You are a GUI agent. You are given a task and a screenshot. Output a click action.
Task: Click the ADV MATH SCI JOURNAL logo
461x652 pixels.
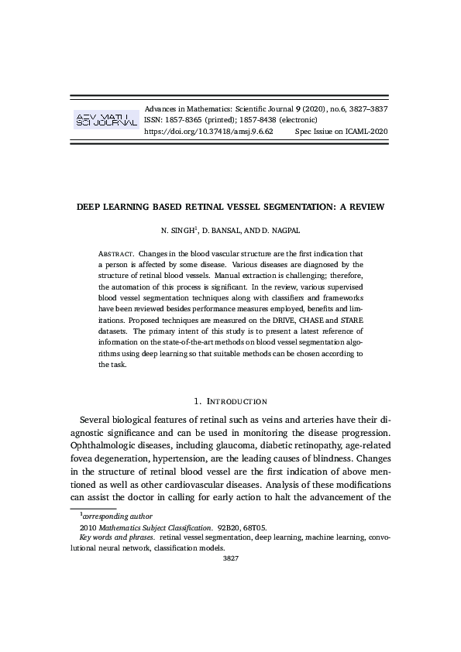click(105, 121)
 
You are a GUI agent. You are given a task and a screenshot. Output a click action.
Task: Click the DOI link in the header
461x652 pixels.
click(209, 132)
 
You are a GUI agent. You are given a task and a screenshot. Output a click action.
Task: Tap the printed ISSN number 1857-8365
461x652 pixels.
click(184, 121)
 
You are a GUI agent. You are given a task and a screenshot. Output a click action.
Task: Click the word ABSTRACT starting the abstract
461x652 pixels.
click(115, 253)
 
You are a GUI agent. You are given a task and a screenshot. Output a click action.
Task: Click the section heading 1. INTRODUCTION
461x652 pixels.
click(230, 401)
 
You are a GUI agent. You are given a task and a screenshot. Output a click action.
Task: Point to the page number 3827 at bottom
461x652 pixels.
click(230, 558)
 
